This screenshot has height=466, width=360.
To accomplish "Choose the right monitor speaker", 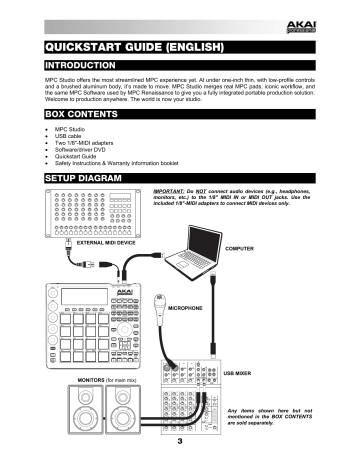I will click(x=134, y=415).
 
